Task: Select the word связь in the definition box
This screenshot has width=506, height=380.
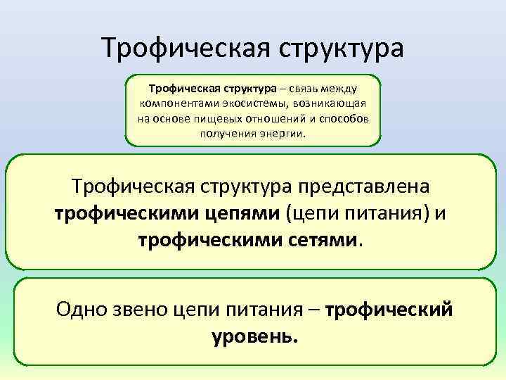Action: [299, 89]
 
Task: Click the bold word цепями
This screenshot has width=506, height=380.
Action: [241, 214]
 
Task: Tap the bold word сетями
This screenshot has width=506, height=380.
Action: [320, 240]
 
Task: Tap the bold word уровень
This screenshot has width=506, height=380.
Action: [254, 336]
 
